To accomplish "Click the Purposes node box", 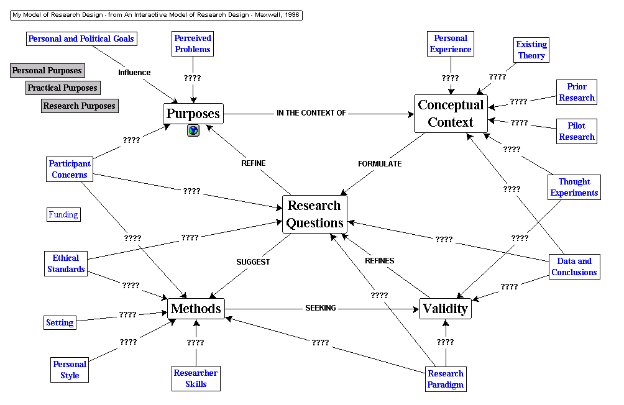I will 193,114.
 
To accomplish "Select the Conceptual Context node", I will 451,114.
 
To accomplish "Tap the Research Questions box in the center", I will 314,214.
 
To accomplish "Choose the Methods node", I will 196,309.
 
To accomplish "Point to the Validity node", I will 445,309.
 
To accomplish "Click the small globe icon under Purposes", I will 193,130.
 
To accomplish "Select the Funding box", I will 63,215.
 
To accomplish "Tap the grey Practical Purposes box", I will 62,88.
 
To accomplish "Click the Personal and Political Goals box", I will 81,39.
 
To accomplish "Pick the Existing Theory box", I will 531,50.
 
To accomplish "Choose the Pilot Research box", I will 577,131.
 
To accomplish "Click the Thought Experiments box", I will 574,187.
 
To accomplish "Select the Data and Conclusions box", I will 574,266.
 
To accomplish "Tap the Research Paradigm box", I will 446,379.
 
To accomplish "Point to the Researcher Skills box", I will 196,378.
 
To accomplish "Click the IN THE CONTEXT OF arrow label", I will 311,113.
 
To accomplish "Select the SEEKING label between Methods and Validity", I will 321,308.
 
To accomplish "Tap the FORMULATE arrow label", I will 380,164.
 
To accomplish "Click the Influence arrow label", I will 134,73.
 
